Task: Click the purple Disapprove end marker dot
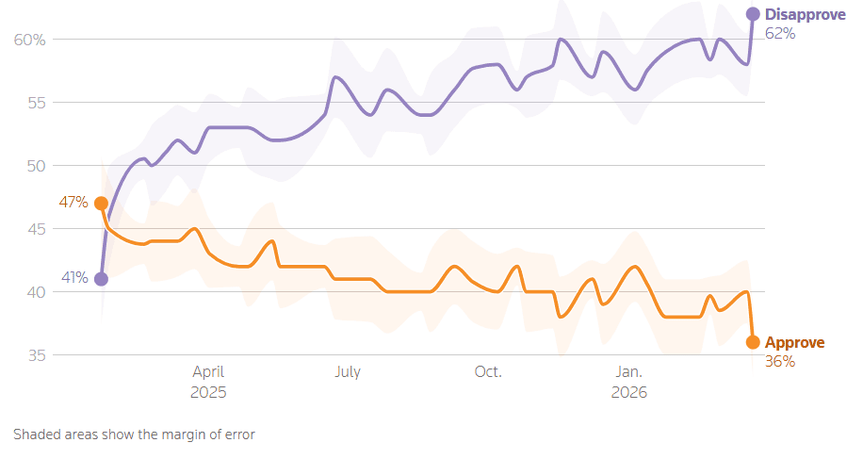coord(753,14)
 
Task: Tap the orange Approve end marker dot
coord(753,342)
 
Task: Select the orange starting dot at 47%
coord(101,204)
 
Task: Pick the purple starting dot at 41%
coord(101,279)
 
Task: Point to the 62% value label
coord(780,33)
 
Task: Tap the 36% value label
coord(779,361)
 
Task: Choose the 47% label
coord(75,203)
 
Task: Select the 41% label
coord(75,278)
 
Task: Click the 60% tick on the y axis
coord(30,40)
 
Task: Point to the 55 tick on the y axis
coord(35,103)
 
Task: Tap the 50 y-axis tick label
coord(35,166)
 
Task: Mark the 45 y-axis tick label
coord(35,229)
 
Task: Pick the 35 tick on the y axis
coord(35,355)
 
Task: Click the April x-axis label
coord(208,372)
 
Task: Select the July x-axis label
coord(348,372)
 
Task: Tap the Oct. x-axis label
coord(488,372)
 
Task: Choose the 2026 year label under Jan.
coord(629,391)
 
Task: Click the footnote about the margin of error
coord(134,434)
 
